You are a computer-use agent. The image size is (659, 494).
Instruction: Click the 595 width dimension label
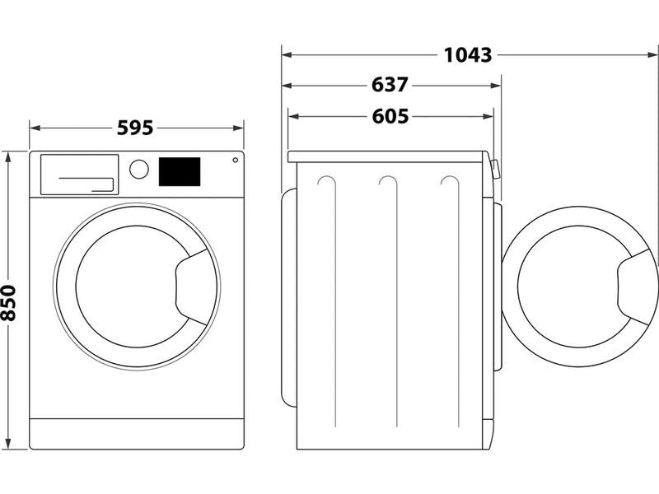click(x=136, y=128)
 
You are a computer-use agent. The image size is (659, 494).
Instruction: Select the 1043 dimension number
click(x=468, y=55)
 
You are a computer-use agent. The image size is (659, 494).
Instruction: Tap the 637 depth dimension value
click(x=390, y=85)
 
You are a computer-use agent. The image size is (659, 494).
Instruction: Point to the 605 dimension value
click(x=390, y=116)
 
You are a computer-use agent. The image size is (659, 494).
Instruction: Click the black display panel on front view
click(x=179, y=170)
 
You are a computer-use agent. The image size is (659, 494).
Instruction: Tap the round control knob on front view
click(x=139, y=169)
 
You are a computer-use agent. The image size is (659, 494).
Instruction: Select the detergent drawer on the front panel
click(x=79, y=175)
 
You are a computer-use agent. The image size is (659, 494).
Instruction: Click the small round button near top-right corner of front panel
click(x=236, y=160)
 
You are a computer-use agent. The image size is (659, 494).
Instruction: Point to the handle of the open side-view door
click(x=638, y=288)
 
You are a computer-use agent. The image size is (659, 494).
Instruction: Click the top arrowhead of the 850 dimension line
click(x=9, y=155)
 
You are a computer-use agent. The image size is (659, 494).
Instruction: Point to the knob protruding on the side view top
click(x=495, y=168)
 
